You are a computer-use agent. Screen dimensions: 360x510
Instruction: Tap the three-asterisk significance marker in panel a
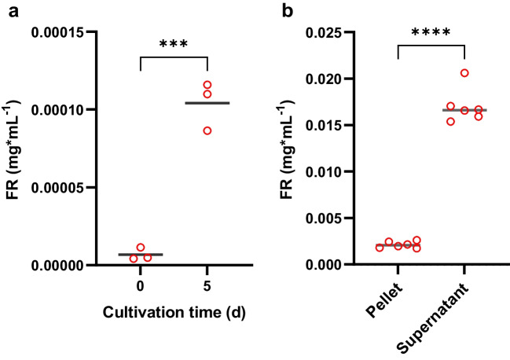coord(173,43)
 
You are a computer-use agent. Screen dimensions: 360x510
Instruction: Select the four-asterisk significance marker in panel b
coord(431,32)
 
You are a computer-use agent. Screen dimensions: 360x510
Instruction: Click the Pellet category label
coord(387,302)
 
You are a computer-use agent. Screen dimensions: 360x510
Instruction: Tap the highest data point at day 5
coord(207,85)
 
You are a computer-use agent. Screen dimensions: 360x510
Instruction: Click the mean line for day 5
coord(207,103)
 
